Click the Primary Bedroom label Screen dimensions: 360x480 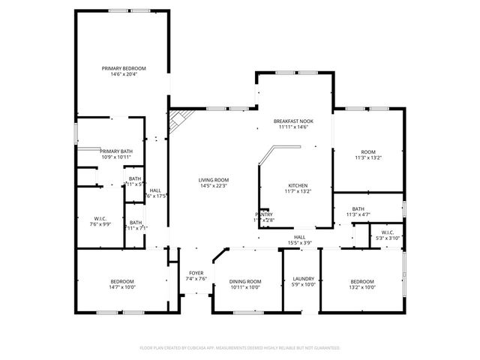click(124, 68)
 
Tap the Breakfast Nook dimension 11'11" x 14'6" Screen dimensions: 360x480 click(293, 127)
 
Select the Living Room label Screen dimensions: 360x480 click(214, 180)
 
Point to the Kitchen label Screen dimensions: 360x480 click(298, 185)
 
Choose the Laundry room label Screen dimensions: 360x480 click(303, 279)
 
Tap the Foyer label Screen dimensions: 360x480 click(196, 273)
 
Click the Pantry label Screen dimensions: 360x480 click(264, 214)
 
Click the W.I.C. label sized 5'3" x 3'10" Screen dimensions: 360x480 click(388, 232)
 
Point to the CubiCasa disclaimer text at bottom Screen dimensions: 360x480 click(240, 348)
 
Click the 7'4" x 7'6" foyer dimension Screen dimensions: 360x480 click(196, 279)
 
